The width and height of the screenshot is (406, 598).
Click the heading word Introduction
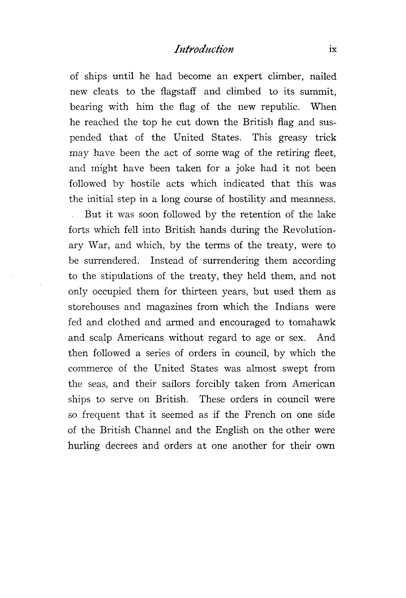coord(204,50)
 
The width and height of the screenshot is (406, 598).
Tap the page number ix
coord(333,50)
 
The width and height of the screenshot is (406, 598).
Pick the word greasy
coord(293,138)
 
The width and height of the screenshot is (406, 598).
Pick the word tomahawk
coord(312,322)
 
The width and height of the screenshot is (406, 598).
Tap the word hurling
coord(84,446)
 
